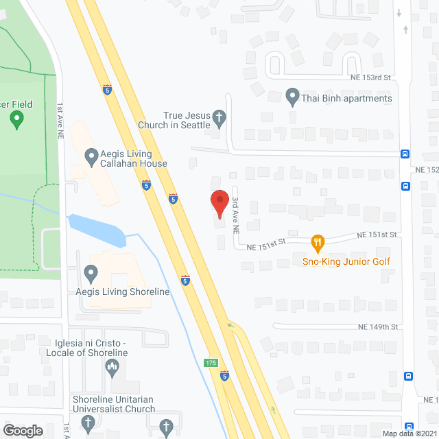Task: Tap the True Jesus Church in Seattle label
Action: [x=185, y=121]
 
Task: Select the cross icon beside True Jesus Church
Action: [x=219, y=117]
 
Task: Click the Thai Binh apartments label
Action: [x=346, y=98]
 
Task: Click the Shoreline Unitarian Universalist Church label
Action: [x=113, y=404]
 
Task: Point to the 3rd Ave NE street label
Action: [x=235, y=213]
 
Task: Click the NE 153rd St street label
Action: [x=370, y=78]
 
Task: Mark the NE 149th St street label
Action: [x=377, y=327]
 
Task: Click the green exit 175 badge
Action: [x=211, y=362]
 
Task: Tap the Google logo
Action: [x=23, y=430]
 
